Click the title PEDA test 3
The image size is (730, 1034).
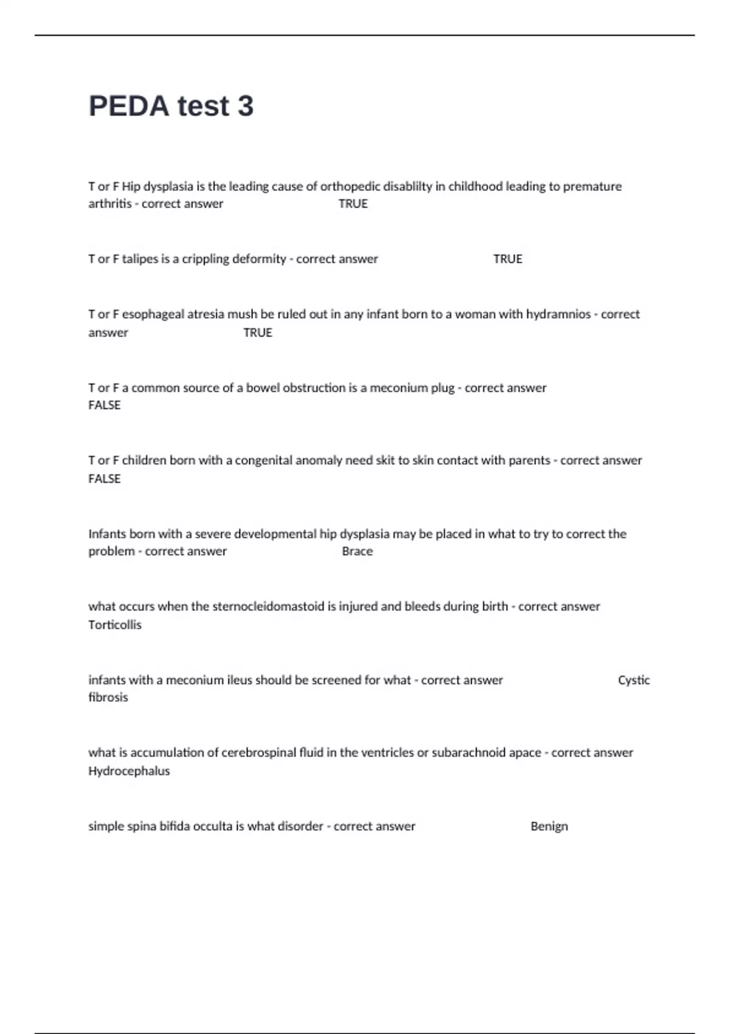pyautogui.click(x=171, y=106)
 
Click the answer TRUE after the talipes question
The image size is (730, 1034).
pyautogui.click(x=507, y=259)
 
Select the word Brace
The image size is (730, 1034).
pyautogui.click(x=357, y=552)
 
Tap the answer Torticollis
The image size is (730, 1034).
pyautogui.click(x=114, y=625)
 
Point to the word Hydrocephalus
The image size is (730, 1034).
pyautogui.click(x=129, y=771)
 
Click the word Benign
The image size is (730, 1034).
pyautogui.click(x=549, y=827)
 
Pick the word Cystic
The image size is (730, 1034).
pyautogui.click(x=633, y=680)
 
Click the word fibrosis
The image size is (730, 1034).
pyautogui.click(x=108, y=698)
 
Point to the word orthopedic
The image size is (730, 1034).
pyautogui.click(x=350, y=187)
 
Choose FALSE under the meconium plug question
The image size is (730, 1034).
pyautogui.click(x=105, y=406)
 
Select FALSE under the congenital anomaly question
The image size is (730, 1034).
pyautogui.click(x=105, y=479)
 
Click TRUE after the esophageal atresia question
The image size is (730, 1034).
pyautogui.click(x=257, y=333)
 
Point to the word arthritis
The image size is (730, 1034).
pyautogui.click(x=109, y=204)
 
